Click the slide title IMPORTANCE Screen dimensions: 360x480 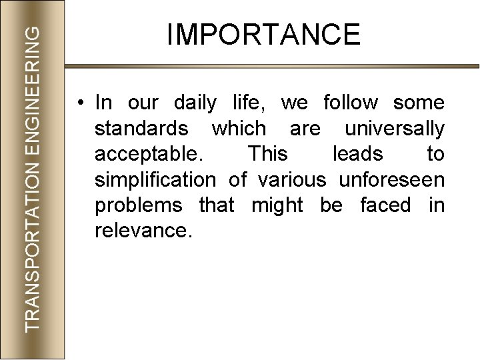[x=263, y=34]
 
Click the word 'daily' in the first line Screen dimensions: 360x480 [x=195, y=103]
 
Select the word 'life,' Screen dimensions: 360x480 [x=251, y=103]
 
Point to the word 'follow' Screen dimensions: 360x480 [x=349, y=103]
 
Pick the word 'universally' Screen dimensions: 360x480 [x=394, y=129]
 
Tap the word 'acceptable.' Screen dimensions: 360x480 [x=149, y=155]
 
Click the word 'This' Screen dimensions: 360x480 [x=268, y=155]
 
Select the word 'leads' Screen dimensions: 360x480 [x=357, y=155]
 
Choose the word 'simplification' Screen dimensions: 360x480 [x=155, y=180]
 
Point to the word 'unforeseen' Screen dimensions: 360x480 [x=391, y=180]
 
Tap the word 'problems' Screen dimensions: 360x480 [x=139, y=206]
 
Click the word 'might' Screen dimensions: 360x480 [x=276, y=206]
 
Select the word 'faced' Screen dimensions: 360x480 [x=385, y=206]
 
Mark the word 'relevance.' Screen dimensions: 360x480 [x=143, y=231]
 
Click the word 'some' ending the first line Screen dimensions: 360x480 [x=419, y=103]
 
